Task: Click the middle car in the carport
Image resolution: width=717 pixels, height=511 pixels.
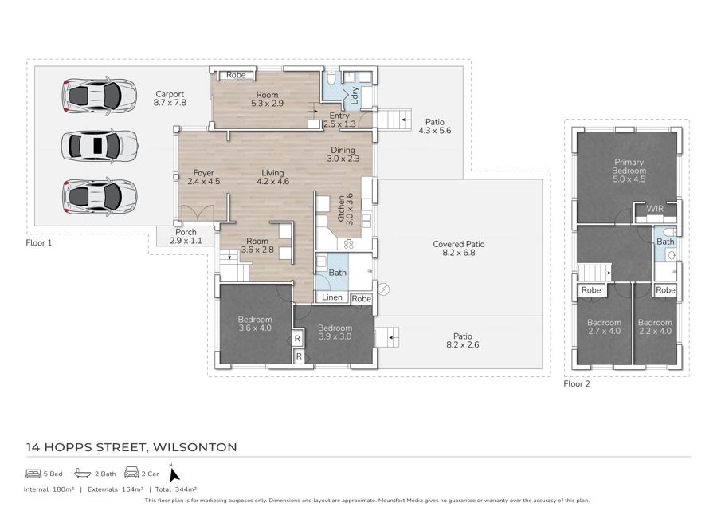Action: [x=100, y=146]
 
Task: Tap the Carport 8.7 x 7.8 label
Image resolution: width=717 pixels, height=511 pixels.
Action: [x=170, y=98]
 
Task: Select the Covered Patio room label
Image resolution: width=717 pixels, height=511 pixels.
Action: [x=459, y=249]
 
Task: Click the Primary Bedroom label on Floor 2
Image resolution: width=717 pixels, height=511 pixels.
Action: [x=629, y=170]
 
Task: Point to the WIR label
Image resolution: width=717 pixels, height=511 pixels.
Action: [x=655, y=209]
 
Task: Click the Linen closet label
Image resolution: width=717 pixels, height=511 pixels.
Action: [x=332, y=297]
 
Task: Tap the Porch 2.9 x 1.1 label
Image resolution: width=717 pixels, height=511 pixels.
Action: [x=186, y=236]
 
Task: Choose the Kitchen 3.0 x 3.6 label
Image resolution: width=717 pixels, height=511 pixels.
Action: [x=345, y=209]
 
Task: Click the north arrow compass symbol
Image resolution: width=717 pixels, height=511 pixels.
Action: [x=174, y=474]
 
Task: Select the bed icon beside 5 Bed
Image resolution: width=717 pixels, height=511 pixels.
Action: [x=33, y=473]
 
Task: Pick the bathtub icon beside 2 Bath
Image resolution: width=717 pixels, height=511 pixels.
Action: [x=83, y=473]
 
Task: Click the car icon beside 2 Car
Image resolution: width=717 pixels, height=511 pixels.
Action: [x=131, y=473]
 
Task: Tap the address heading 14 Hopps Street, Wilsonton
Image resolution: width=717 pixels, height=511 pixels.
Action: [x=131, y=447]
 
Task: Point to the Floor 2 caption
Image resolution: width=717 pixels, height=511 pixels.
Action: [x=577, y=383]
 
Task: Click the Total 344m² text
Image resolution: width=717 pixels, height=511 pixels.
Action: [x=176, y=489]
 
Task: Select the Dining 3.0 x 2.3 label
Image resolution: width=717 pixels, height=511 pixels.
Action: [x=343, y=154]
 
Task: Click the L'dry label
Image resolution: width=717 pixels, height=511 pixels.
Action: [x=354, y=96]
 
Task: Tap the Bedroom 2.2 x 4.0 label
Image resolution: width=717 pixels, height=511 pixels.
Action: [x=655, y=327]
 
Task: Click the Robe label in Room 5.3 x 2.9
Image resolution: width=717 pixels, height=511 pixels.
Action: [x=236, y=75]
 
